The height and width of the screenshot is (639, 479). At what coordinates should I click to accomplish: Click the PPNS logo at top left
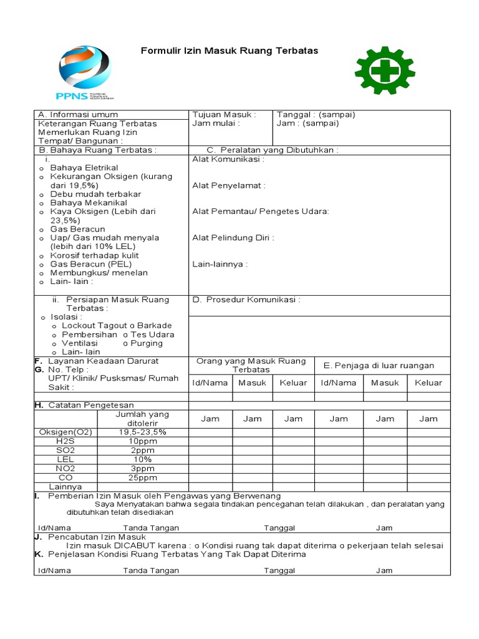tap(85, 72)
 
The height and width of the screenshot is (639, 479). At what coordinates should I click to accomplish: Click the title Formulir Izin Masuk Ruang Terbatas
tap(230, 51)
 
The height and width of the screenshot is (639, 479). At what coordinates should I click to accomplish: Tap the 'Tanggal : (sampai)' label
tap(316, 115)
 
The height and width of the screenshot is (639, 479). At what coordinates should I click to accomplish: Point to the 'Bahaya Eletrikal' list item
tap(84, 168)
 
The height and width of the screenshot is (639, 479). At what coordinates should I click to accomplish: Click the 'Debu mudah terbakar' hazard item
tap(95, 194)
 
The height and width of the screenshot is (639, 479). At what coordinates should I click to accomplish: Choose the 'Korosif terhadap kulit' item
tap(94, 255)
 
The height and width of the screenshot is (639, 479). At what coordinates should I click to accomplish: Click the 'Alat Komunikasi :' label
tap(228, 159)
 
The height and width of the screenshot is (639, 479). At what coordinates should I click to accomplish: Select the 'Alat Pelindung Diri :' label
tap(233, 238)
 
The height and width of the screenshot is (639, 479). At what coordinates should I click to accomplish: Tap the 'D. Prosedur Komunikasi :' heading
tap(246, 300)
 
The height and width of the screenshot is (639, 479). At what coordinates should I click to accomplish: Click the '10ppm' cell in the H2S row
tap(143, 441)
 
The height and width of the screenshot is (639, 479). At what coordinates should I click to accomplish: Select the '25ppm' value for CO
tap(143, 477)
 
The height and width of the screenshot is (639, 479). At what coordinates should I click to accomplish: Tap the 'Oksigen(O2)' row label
tap(65, 432)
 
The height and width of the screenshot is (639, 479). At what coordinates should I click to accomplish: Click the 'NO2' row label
tap(65, 468)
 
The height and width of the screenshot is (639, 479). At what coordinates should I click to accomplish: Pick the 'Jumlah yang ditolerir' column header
tap(143, 419)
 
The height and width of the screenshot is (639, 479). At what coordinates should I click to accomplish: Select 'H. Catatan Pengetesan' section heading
tap(84, 405)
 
